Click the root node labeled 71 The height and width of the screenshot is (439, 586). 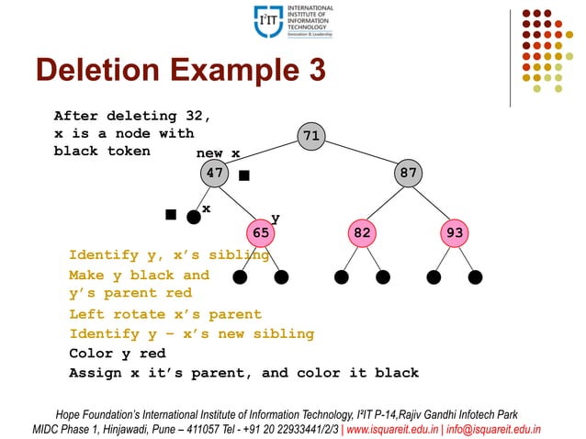311,136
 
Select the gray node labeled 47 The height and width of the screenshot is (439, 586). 215,172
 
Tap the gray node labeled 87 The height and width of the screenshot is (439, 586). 408,172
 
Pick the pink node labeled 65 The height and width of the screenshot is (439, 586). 261,233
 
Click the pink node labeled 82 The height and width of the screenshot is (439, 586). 362,233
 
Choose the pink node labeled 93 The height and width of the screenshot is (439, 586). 454,233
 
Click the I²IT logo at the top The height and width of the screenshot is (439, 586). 293,21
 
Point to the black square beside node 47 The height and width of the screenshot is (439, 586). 244,174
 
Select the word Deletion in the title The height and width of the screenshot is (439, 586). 92,70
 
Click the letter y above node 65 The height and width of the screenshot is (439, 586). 274,218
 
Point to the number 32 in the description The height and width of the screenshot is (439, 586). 198,116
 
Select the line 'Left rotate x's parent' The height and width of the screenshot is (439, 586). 165,314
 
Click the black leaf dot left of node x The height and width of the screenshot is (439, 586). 193,217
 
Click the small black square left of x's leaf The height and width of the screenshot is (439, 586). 171,214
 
